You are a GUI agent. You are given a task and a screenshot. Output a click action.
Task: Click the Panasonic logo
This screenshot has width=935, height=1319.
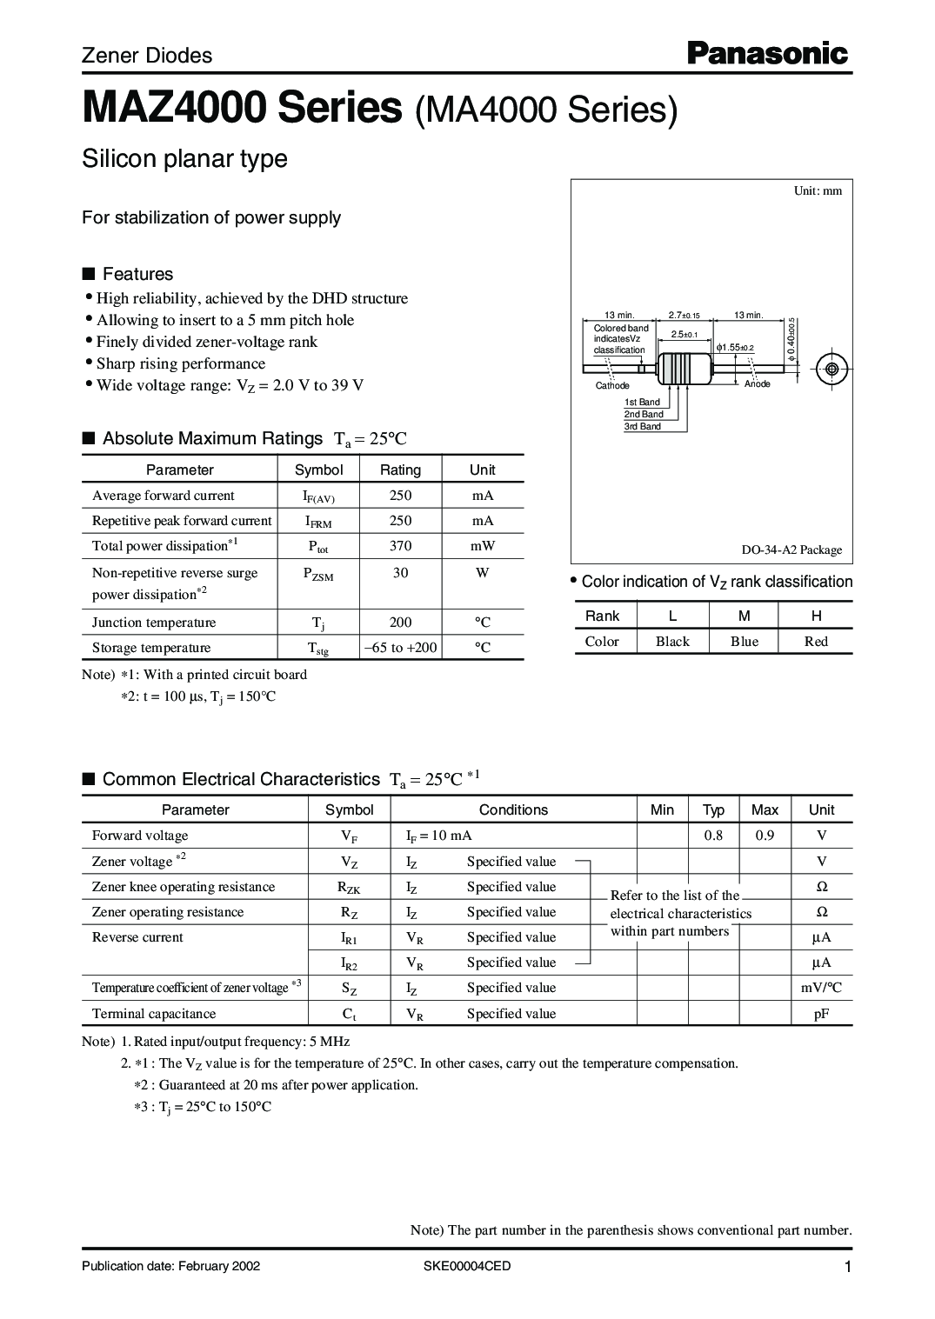pos(768,54)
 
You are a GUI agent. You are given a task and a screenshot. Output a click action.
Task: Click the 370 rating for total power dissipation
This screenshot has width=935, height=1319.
pos(400,546)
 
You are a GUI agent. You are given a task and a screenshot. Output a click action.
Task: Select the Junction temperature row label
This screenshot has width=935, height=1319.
pos(154,623)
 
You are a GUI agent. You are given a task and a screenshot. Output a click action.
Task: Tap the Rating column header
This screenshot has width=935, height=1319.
pos(400,470)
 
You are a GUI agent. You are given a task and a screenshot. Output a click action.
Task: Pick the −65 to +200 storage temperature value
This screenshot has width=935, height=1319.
pos(400,648)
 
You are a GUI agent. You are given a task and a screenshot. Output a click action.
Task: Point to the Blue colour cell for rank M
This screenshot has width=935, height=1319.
pos(744,642)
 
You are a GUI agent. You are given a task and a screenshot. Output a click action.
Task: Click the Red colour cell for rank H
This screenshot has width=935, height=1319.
pos(816,642)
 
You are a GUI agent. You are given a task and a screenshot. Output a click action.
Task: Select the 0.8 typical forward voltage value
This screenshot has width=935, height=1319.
pos(713,836)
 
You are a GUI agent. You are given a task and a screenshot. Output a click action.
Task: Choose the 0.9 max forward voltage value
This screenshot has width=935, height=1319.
pos(765,836)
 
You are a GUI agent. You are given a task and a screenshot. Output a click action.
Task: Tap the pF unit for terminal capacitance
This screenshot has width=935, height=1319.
pos(821,1014)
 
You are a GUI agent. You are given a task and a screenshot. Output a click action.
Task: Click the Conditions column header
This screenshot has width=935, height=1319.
pos(513,809)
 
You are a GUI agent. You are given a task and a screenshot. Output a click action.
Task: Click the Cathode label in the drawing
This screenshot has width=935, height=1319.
pos(612,385)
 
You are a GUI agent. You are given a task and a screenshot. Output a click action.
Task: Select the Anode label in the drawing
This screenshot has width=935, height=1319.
pos(757,384)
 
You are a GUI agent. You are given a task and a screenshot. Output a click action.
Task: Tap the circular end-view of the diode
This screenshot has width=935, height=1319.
pos(831,370)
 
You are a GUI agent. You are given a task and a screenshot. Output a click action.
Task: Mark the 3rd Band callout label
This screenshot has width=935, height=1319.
pos(643,427)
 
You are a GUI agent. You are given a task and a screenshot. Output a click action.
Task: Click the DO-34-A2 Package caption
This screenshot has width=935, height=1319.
pos(791,550)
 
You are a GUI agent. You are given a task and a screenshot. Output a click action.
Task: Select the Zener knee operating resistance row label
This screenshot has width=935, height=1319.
pos(184,887)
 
